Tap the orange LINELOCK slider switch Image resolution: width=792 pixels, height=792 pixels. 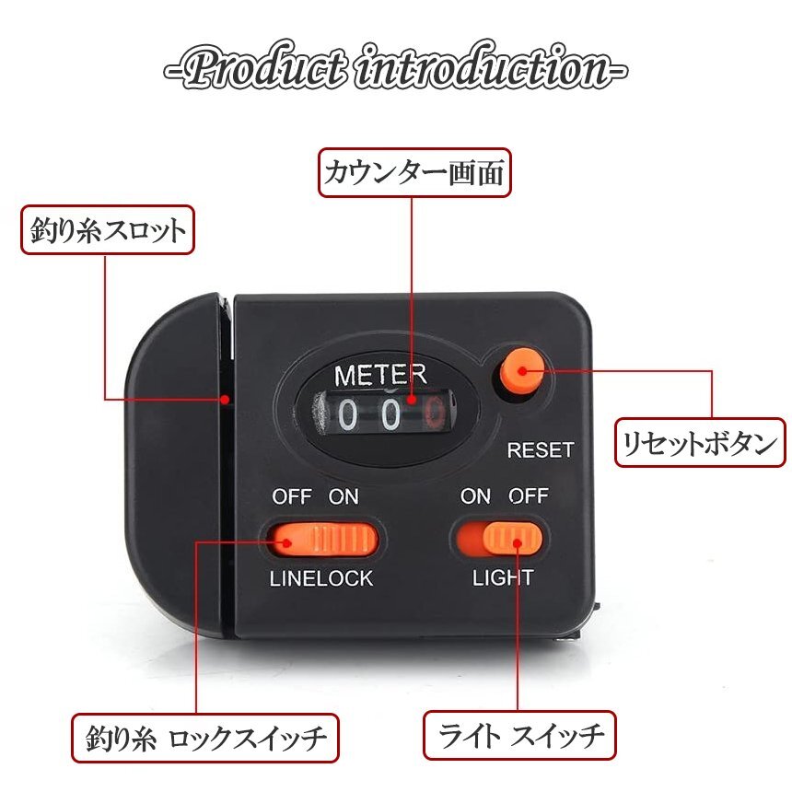(322, 540)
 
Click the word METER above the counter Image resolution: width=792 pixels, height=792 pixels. (380, 375)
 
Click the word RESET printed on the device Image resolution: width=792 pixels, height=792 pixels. (541, 450)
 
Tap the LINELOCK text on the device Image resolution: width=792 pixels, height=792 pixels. (321, 578)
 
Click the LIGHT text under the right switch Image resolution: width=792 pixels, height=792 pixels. (503, 578)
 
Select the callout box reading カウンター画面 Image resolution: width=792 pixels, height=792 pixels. (414, 172)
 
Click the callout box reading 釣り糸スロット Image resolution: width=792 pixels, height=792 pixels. (108, 230)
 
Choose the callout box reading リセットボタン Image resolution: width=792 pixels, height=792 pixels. (701, 443)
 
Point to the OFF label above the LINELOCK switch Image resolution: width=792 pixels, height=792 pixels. (291, 496)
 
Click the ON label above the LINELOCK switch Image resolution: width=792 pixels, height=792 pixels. (344, 496)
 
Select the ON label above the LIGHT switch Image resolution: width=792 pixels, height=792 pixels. (475, 496)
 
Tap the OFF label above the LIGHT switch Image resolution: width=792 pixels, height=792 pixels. (529, 496)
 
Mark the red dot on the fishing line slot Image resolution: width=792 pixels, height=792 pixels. (225, 399)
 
